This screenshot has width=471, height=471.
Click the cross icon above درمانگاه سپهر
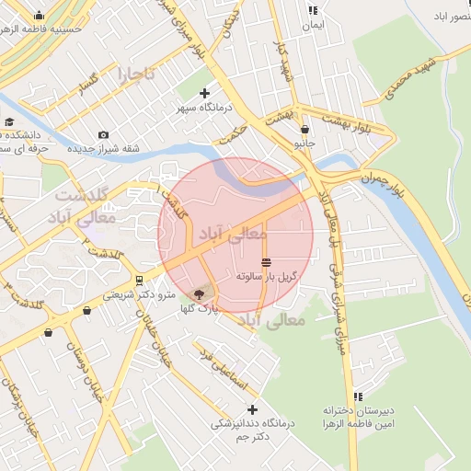[203, 93]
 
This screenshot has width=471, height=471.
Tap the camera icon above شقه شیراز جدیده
[102, 135]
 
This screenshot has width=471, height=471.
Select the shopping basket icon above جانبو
[304, 130]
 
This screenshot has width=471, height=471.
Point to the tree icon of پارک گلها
[197, 295]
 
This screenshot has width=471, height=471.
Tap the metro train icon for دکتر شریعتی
[139, 280]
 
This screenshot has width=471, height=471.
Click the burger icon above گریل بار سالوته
[266, 262]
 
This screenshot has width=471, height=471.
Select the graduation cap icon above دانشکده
[8, 122]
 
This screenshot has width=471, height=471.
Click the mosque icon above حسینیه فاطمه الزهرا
[39, 16]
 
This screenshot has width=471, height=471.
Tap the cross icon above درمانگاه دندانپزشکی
[252, 408]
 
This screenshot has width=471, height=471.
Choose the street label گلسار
[88, 83]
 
